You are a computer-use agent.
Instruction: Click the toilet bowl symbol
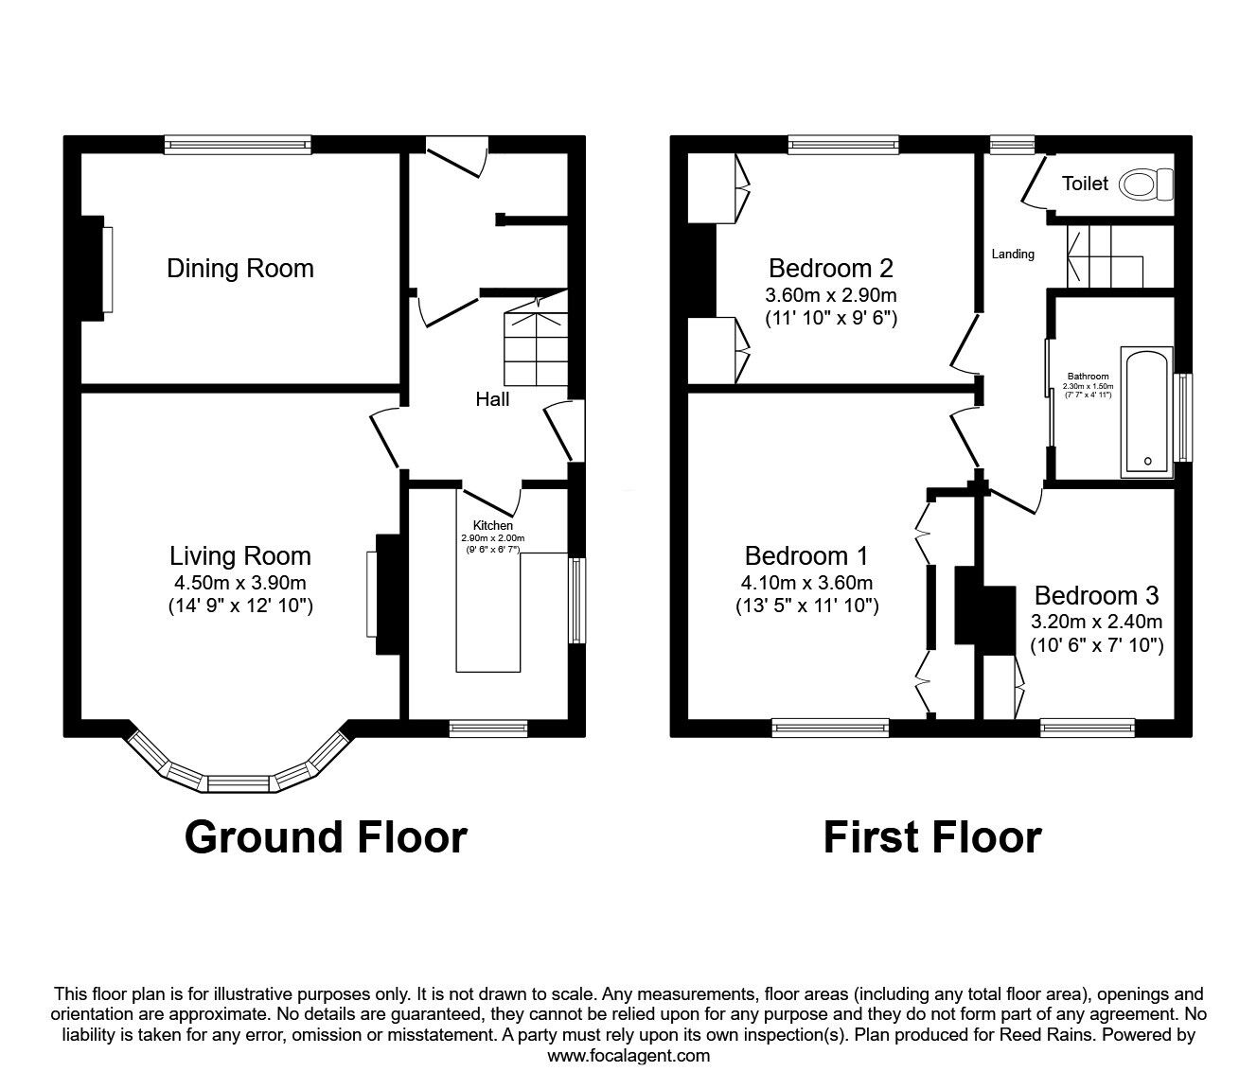[x=1145, y=184]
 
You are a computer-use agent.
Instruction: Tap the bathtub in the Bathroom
[x=1147, y=413]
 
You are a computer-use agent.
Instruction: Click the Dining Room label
[x=240, y=268]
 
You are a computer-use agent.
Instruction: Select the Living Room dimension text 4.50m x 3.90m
[x=240, y=583]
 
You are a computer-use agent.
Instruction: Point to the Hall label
[x=492, y=399]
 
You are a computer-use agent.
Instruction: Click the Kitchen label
[x=493, y=525]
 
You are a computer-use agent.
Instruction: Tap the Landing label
[x=1013, y=255]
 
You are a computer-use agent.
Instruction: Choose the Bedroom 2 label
[x=831, y=268]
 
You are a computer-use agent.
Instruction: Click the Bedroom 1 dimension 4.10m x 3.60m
[x=807, y=583]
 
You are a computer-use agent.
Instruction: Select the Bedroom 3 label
[x=1096, y=595]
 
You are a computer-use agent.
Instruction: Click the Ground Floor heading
[x=326, y=838]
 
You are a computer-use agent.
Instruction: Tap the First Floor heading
[x=932, y=838]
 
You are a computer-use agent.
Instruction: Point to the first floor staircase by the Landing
[x=1105, y=256]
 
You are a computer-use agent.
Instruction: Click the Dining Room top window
[x=238, y=145]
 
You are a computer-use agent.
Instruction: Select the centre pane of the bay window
[x=239, y=783]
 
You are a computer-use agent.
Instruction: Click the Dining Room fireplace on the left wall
[x=97, y=268]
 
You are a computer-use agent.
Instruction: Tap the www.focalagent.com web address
[x=628, y=1056]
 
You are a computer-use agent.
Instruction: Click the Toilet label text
[x=1085, y=183]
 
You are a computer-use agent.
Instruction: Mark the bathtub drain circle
[x=1147, y=461]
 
